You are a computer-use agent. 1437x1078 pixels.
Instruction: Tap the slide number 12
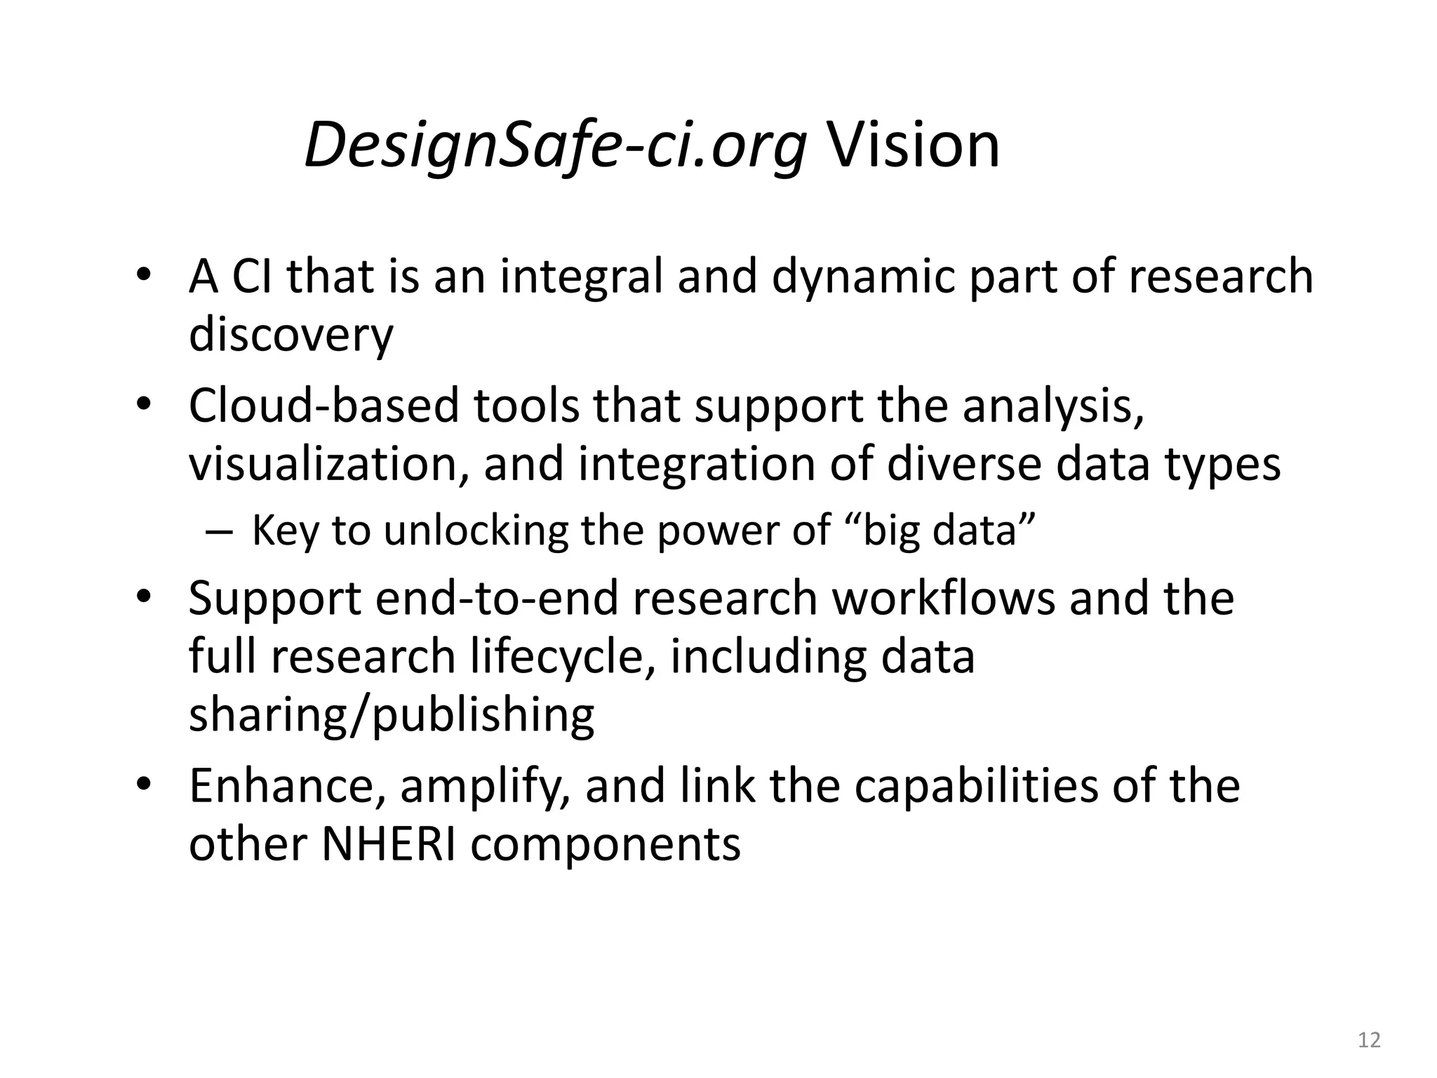[1369, 1039]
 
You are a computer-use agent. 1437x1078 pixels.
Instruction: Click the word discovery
[290, 335]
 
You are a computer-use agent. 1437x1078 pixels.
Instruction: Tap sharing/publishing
[392, 715]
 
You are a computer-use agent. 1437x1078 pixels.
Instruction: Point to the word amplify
[484, 787]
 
